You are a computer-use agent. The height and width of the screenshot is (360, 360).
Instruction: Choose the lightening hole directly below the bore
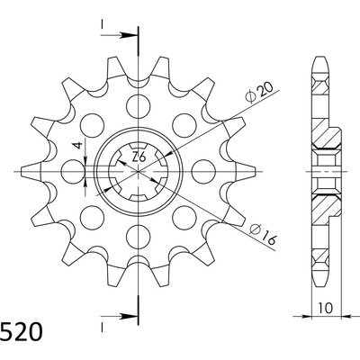(139, 236)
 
